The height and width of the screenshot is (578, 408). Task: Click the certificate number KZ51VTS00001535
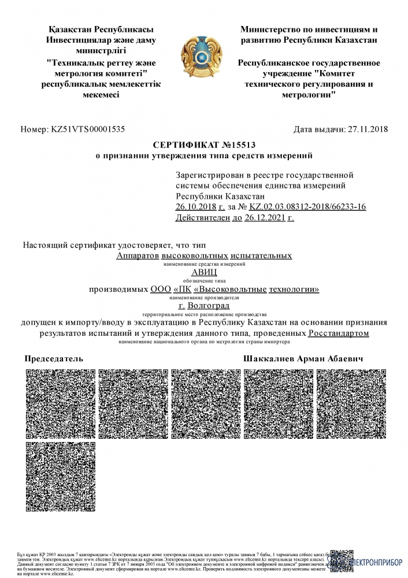[x=88, y=129]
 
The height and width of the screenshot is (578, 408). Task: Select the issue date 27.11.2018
[x=366, y=129]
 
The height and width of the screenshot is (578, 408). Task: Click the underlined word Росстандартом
[x=339, y=334]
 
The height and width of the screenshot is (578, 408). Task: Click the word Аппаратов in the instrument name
[x=137, y=255]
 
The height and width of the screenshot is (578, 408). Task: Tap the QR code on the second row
[x=60, y=475]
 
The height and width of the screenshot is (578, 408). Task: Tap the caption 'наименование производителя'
[x=204, y=297]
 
